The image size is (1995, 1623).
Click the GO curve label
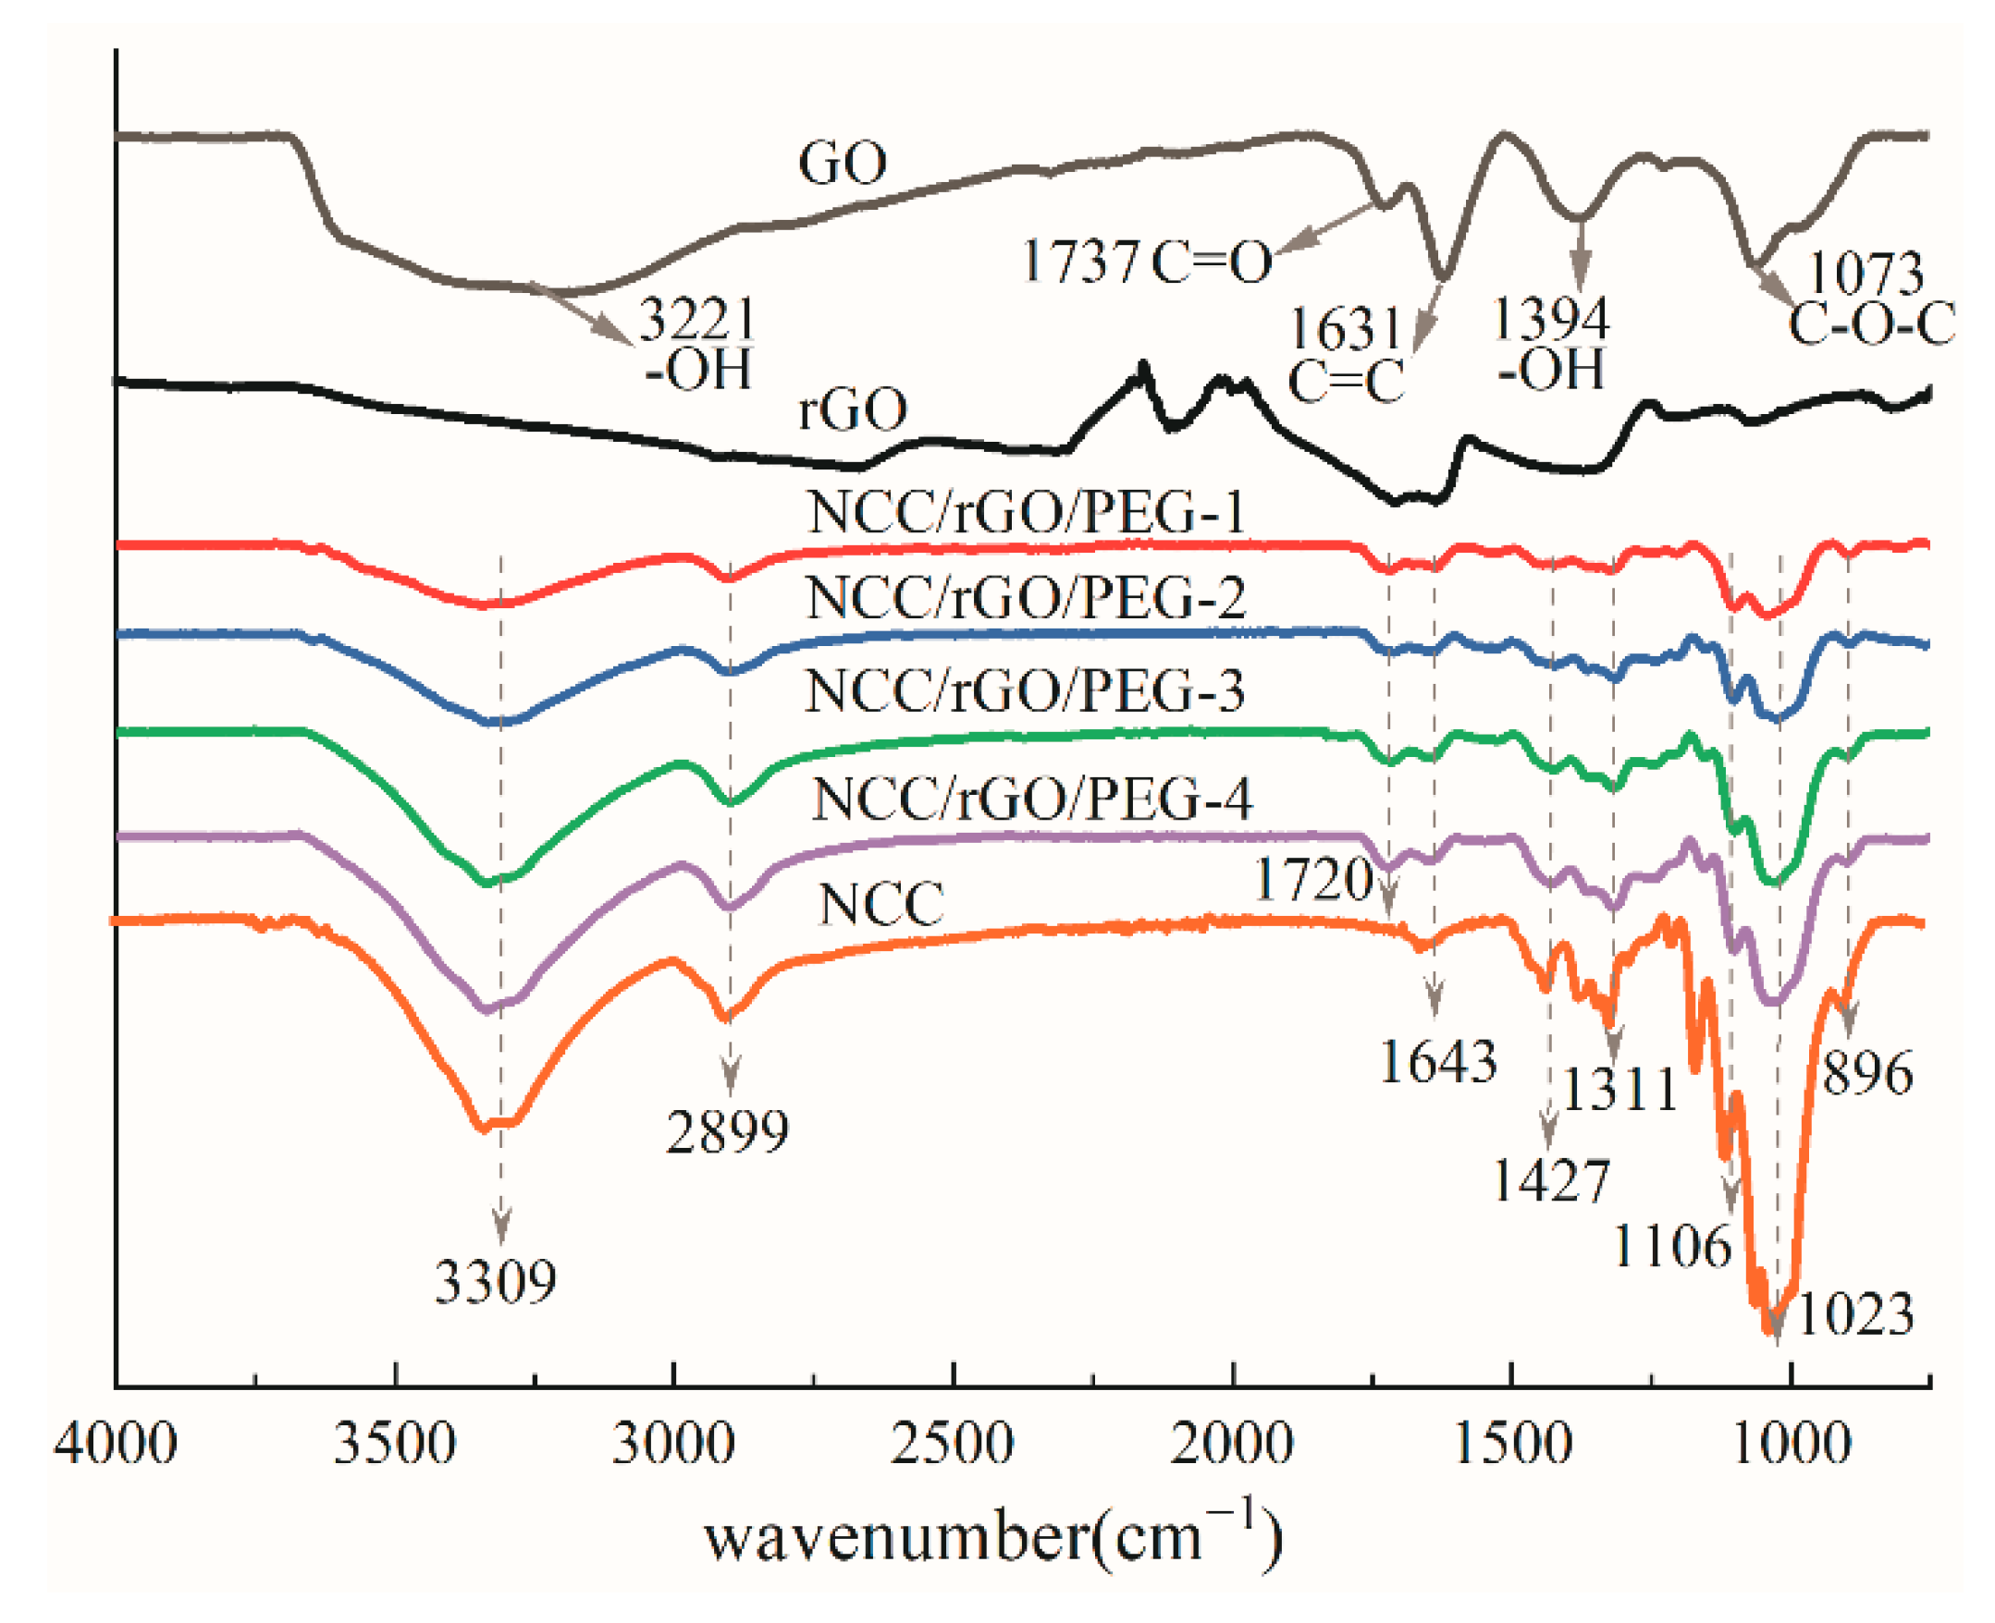click(841, 164)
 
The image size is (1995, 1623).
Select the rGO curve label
click(851, 409)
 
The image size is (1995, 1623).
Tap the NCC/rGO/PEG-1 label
click(1026, 512)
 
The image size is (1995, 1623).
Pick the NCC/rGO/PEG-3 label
click(1024, 692)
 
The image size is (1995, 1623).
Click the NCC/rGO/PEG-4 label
click(1030, 799)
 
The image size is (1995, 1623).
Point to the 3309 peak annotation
click(495, 1281)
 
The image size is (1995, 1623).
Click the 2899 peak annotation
click(727, 1132)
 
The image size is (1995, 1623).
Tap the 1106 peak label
click(1672, 1247)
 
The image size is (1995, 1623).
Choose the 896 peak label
click(1866, 1073)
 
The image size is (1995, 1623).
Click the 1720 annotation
click(1312, 880)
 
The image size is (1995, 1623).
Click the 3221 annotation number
click(696, 321)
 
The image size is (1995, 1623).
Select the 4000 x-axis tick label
click(114, 1444)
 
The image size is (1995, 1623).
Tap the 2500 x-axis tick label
click(951, 1444)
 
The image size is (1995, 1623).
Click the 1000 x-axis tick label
click(1790, 1444)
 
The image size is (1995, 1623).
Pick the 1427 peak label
click(1551, 1181)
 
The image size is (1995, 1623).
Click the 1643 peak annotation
click(1437, 1062)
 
